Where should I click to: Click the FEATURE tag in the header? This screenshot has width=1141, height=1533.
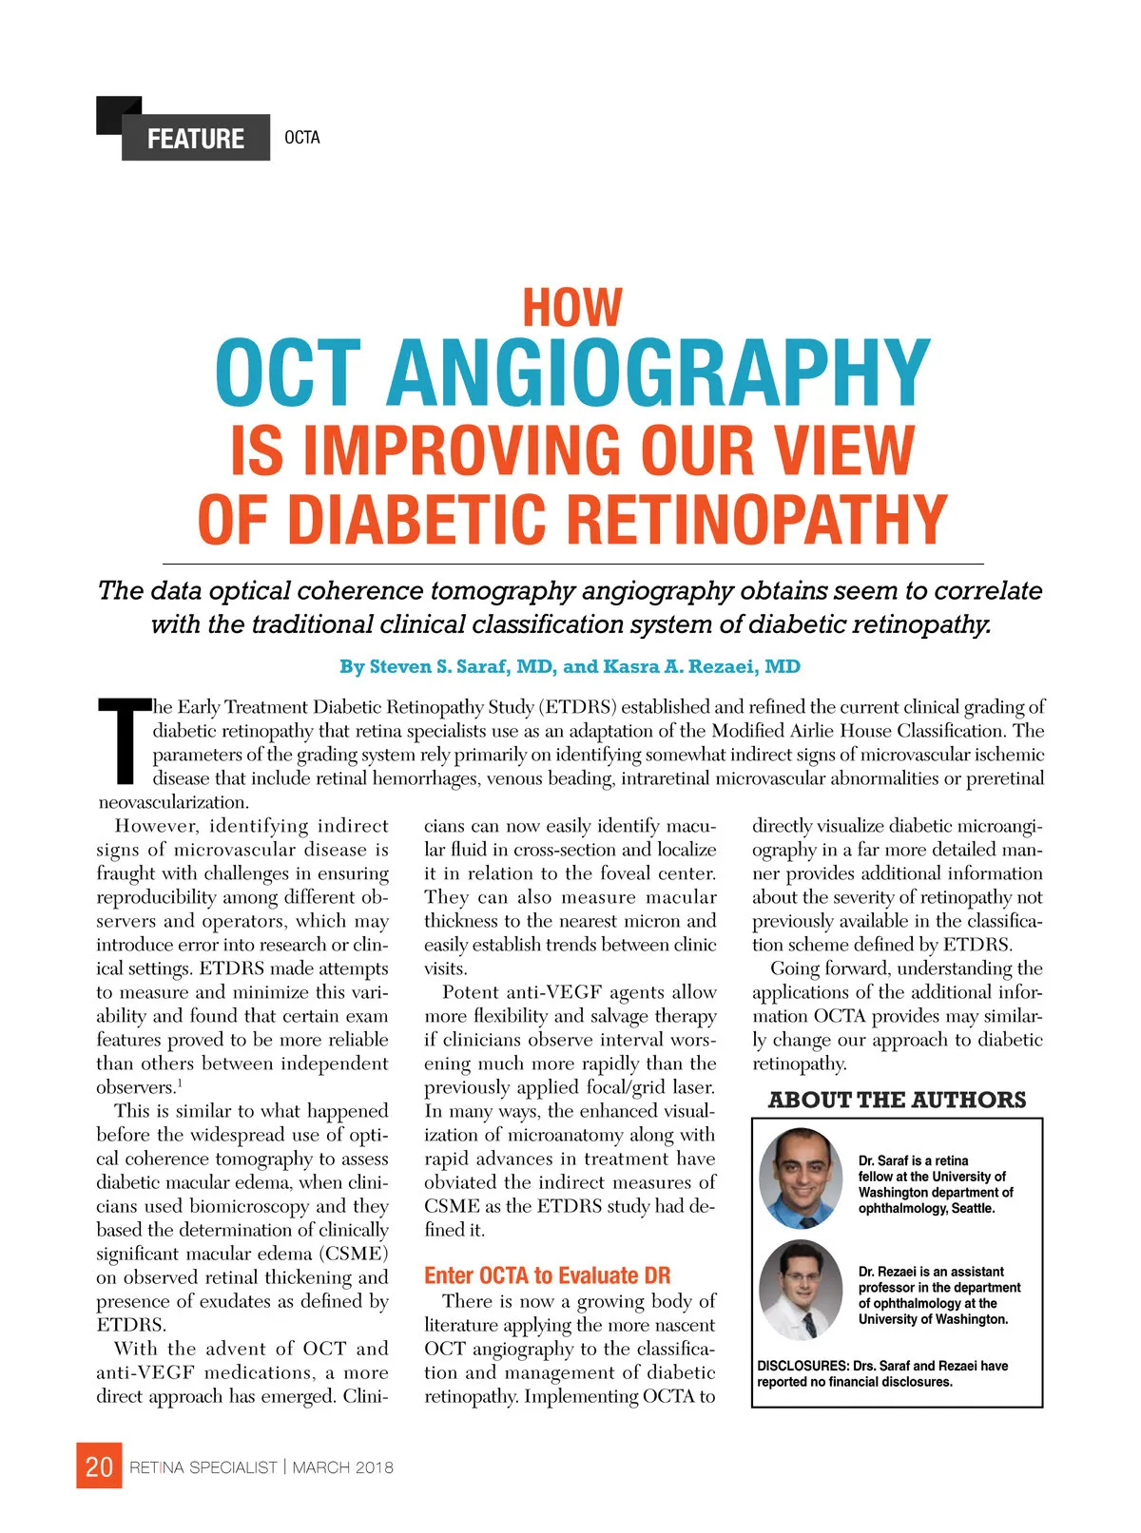click(x=195, y=139)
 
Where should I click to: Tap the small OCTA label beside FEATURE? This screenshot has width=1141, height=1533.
click(x=302, y=138)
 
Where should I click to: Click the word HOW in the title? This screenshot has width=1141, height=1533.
click(x=572, y=308)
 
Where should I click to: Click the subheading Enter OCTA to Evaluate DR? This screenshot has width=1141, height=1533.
click(x=547, y=1275)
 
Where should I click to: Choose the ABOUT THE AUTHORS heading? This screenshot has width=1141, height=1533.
click(x=897, y=1100)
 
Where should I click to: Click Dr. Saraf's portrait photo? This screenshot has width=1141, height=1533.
click(x=802, y=1178)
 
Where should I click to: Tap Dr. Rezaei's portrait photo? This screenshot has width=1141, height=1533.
click(x=802, y=1290)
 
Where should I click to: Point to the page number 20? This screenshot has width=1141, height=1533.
click(x=99, y=1466)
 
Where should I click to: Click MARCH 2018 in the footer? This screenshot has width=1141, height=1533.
click(x=342, y=1467)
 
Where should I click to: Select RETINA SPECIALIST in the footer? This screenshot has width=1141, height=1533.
click(x=203, y=1467)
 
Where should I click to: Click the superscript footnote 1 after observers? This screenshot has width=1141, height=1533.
click(x=180, y=1083)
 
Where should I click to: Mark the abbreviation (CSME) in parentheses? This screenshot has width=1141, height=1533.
click(x=354, y=1254)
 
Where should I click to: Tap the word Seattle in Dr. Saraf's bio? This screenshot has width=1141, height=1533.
click(x=972, y=1209)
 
